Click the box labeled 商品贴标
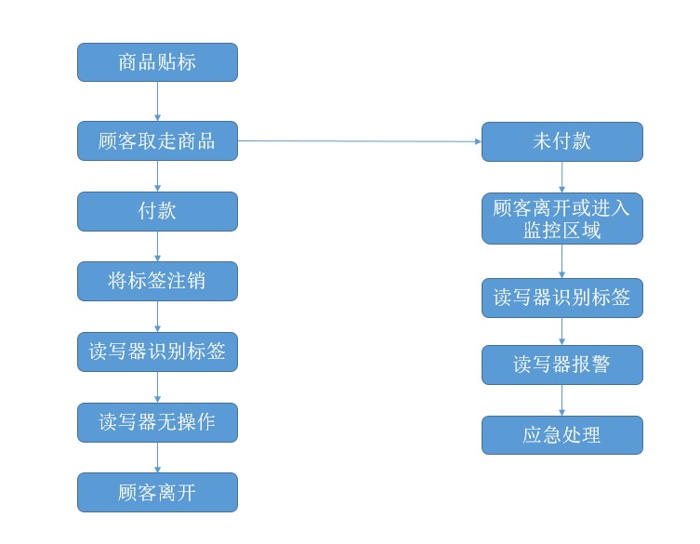[157, 62]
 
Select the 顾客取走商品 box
[157, 141]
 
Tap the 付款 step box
[157, 211]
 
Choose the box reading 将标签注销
[157, 281]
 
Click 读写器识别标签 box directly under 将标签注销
[157, 352]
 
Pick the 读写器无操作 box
[157, 422]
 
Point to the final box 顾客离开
[157, 492]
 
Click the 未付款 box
[561, 141]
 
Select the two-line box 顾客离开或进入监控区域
[561, 219]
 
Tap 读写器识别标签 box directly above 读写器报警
[561, 298]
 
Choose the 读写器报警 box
[561, 365]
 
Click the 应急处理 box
[561, 435]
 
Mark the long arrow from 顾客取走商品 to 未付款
[359, 141]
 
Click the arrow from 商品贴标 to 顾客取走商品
[157, 101]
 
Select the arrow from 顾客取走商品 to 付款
[157, 176]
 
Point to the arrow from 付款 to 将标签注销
[157, 245]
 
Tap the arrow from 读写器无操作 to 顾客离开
[157, 457]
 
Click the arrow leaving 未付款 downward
[561, 177]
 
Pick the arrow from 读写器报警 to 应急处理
[561, 400]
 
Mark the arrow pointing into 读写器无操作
[157, 387]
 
